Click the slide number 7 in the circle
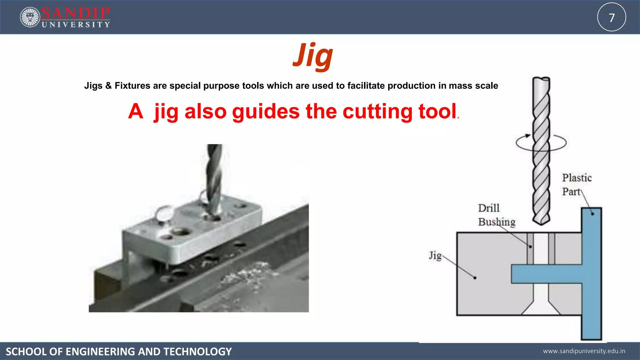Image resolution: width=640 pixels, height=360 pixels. pyautogui.click(x=612, y=17)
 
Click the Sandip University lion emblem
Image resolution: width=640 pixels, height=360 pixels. pyautogui.click(x=30, y=17)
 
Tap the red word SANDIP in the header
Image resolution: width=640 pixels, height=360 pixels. pyautogui.click(x=76, y=13)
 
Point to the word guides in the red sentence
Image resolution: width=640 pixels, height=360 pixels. pyautogui.click(x=266, y=111)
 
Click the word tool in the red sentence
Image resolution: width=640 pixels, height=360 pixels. pyautogui.click(x=437, y=111)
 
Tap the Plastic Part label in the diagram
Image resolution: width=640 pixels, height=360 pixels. pyautogui.click(x=577, y=184)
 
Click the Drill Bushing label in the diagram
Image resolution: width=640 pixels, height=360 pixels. pyautogui.click(x=496, y=215)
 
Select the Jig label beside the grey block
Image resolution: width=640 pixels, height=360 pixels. pyautogui.click(x=435, y=256)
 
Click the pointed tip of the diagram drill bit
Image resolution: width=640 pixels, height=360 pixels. pyautogui.click(x=542, y=222)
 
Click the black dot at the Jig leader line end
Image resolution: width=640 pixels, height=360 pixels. pyautogui.click(x=475, y=278)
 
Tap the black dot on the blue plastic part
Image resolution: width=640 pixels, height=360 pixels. pyautogui.click(x=592, y=214)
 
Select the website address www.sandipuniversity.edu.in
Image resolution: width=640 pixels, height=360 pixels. pyautogui.click(x=584, y=351)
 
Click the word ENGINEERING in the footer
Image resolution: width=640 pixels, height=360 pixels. pyautogui.click(x=100, y=352)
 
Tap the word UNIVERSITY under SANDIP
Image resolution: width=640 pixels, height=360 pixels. pyautogui.click(x=76, y=25)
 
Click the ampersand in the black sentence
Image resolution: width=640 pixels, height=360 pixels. pyautogui.click(x=108, y=86)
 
